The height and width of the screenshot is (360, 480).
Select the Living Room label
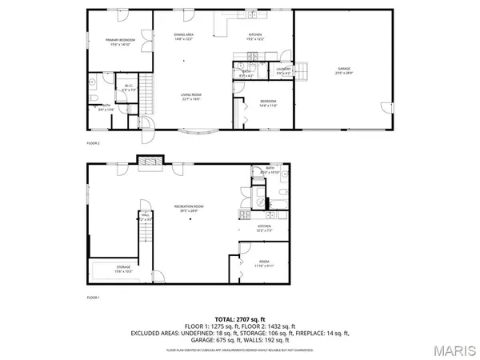[x=190, y=97]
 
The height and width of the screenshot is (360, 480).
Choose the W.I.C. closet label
[x=128, y=87]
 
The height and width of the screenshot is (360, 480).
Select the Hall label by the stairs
[x=146, y=216]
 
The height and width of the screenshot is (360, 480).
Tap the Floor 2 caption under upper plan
[x=94, y=142]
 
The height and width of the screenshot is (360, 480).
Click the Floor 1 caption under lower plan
[x=94, y=298]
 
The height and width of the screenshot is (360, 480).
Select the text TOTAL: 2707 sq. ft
[x=239, y=318]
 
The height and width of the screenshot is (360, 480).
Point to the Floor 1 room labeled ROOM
[x=263, y=264]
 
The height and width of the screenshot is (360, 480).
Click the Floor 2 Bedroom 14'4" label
[x=267, y=103]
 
